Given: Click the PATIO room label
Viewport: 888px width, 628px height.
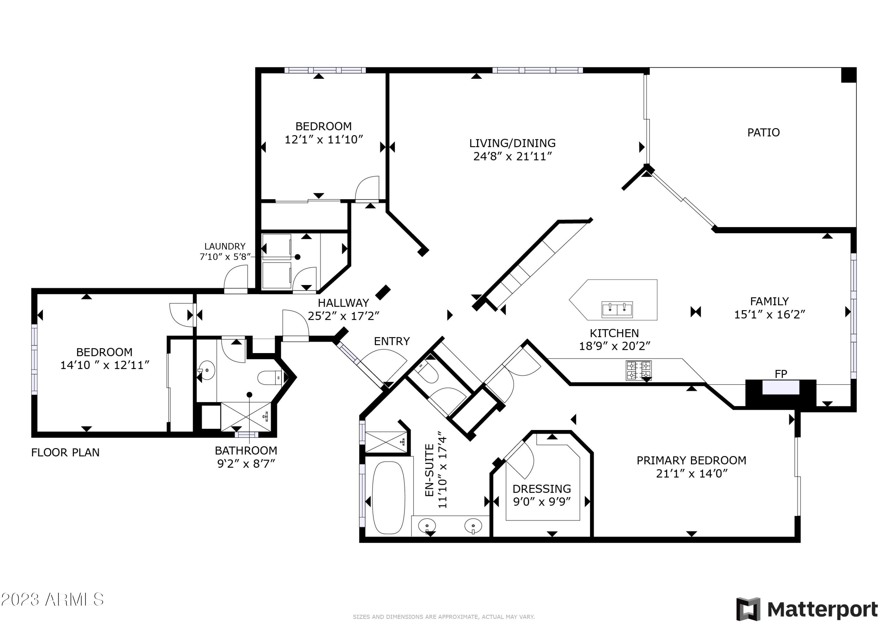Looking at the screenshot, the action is click(763, 133).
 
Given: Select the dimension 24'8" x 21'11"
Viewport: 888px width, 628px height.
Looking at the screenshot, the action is click(512, 157).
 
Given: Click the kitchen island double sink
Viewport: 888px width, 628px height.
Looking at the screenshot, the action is click(617, 310).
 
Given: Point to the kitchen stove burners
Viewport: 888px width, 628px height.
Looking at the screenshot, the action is click(638, 371).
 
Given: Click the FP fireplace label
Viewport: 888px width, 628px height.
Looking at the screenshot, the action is click(781, 374).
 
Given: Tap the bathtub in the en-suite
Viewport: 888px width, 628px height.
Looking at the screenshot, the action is click(388, 498).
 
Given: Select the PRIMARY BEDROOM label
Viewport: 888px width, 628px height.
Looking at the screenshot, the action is click(691, 460).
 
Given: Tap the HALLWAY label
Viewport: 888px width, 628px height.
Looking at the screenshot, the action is click(343, 303).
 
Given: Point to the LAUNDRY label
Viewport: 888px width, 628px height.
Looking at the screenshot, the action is click(225, 246).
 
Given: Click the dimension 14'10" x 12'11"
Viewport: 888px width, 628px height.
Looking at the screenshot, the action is click(104, 365).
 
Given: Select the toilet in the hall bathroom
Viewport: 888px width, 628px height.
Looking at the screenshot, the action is click(270, 377).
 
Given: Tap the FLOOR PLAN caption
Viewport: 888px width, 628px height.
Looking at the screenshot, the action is click(65, 453).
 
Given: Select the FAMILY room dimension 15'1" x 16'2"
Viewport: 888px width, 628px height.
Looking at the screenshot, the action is click(770, 314).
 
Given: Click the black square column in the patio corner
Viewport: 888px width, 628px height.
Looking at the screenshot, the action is click(849, 75).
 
